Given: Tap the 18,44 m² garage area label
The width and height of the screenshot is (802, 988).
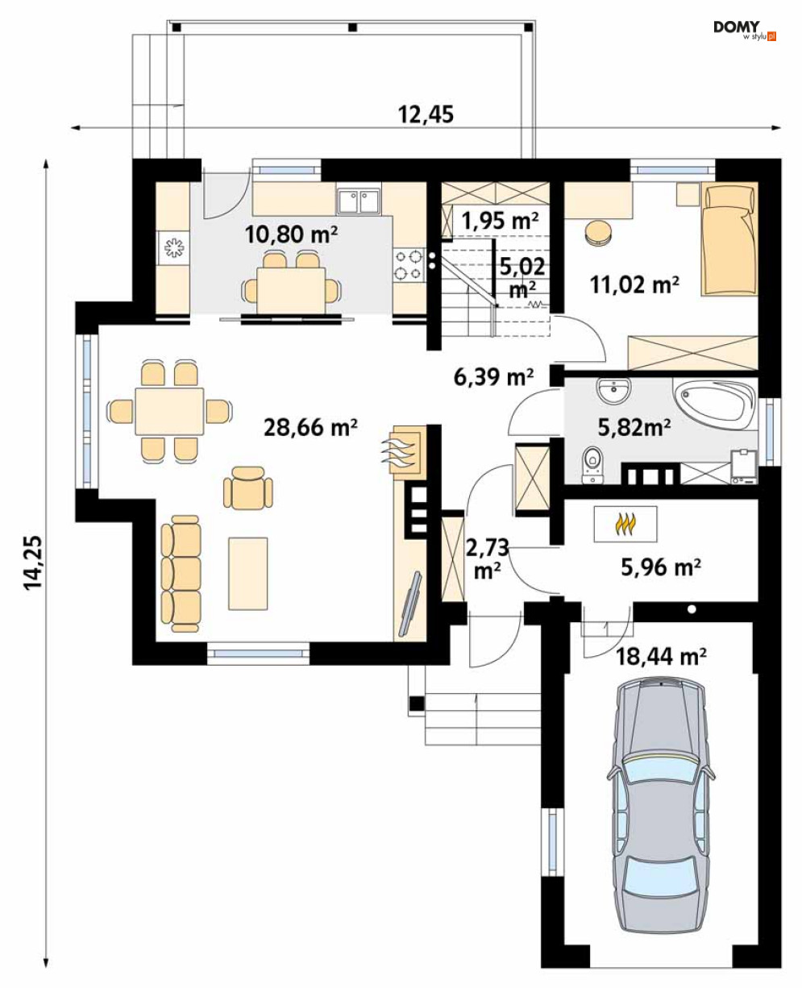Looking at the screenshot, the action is (661, 658).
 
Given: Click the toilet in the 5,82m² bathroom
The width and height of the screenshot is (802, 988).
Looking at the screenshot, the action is (592, 465).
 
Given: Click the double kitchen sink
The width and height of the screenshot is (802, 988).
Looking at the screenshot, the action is (358, 201).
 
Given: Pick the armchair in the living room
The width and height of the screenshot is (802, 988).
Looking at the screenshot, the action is (248, 487).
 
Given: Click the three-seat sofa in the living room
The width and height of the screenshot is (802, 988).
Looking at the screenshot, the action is (181, 573).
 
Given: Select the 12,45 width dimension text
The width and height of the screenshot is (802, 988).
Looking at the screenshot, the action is (426, 114).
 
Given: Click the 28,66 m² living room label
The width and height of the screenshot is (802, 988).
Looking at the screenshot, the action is (310, 427).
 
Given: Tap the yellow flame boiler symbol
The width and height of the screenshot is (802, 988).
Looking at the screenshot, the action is (625, 524).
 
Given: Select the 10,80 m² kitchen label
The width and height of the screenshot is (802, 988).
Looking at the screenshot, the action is (291, 235).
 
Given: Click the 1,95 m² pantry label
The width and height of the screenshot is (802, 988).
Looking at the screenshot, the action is (500, 220).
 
